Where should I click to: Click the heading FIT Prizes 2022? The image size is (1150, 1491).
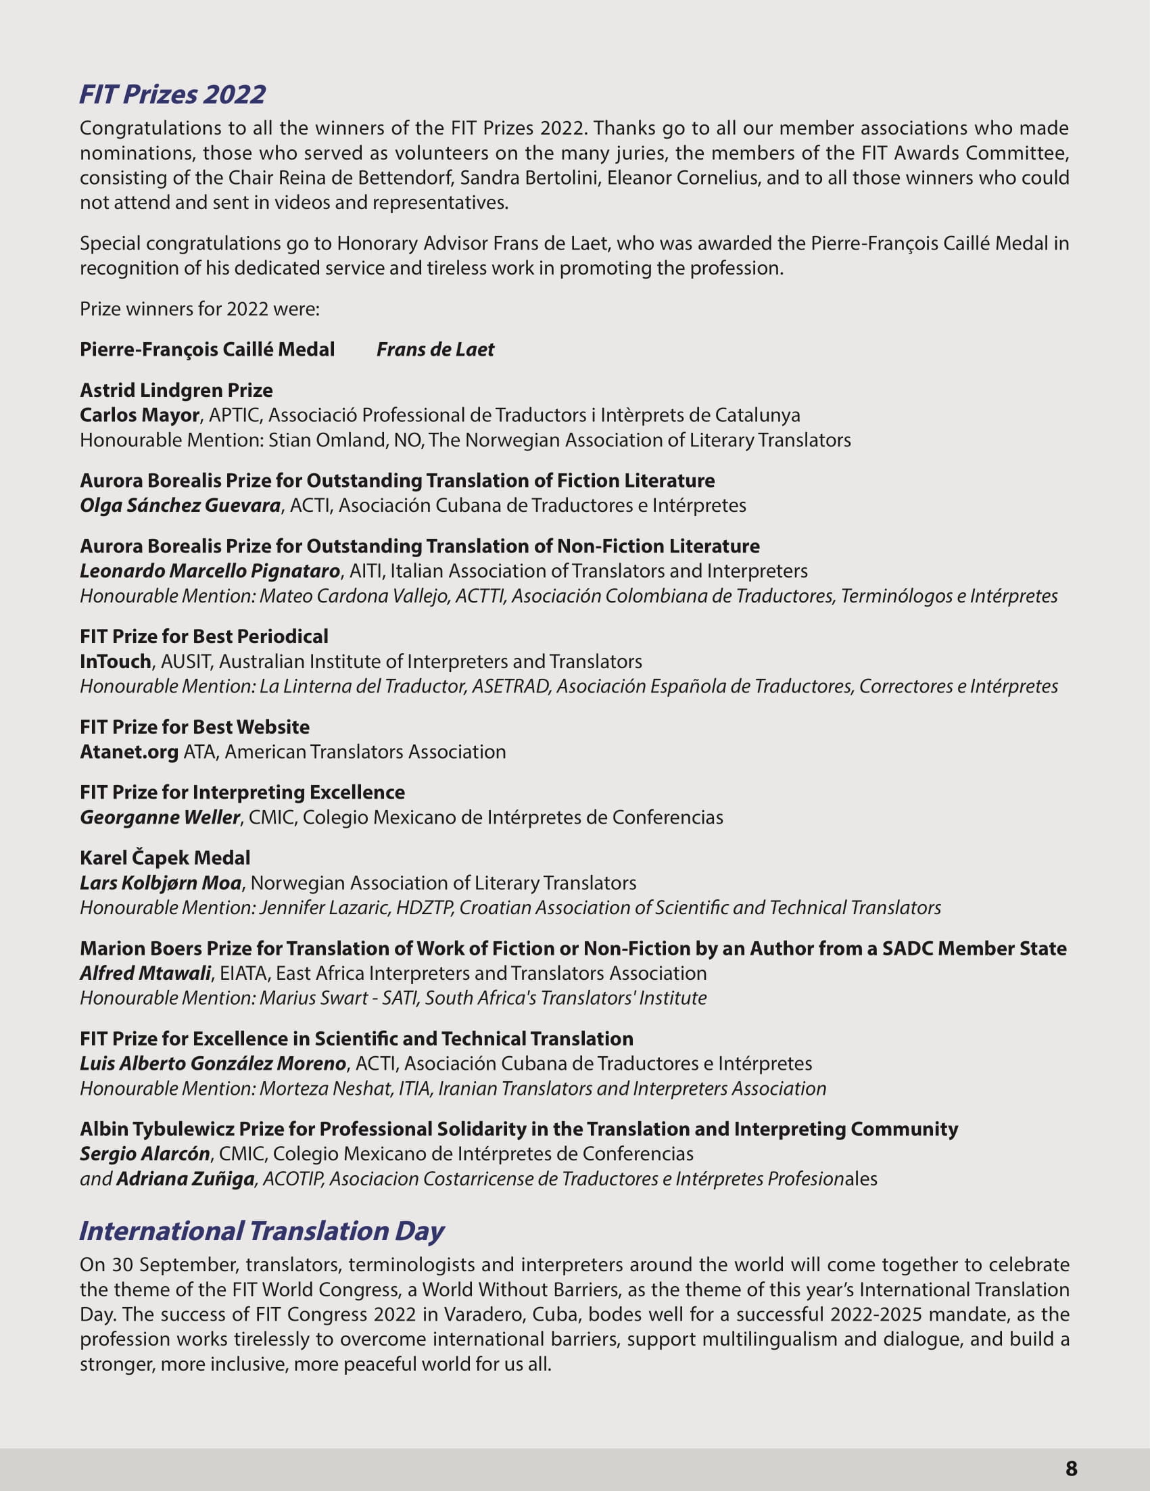tap(172, 94)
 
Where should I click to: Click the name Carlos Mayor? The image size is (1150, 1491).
tap(139, 415)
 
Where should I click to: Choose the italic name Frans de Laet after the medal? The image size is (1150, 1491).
tap(435, 350)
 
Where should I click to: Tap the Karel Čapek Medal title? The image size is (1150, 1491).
tap(164, 858)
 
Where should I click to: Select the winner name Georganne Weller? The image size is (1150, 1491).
tap(160, 818)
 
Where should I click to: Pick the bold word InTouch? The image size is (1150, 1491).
tap(116, 661)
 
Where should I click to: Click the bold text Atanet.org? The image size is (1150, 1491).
tap(129, 752)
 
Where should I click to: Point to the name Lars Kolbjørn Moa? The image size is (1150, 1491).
tap(160, 882)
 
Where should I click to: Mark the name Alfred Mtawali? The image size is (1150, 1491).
tap(145, 973)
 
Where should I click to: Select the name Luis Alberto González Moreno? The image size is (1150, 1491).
tap(213, 1064)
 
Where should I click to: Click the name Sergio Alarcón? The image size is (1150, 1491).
tap(145, 1154)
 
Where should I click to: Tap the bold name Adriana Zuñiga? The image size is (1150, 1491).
tap(185, 1179)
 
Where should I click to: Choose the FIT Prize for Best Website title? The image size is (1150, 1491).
tap(195, 727)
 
